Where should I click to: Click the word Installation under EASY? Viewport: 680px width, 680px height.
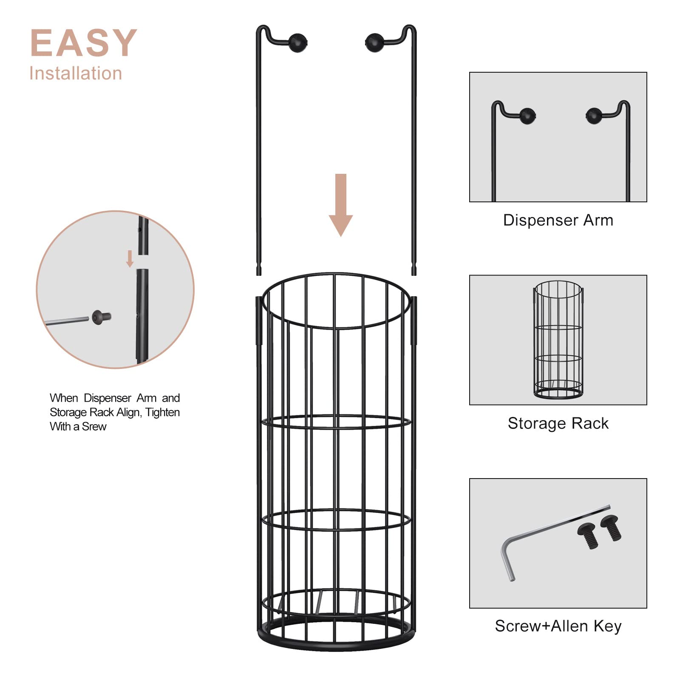tap(76, 74)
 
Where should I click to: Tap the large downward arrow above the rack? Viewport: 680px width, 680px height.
tap(340, 204)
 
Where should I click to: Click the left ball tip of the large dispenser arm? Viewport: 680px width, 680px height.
tap(297, 42)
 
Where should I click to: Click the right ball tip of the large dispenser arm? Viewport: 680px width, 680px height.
tap(374, 42)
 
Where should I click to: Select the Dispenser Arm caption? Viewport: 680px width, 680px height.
tap(558, 220)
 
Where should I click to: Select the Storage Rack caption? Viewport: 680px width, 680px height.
tap(558, 423)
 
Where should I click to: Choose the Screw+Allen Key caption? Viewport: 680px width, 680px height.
tap(558, 626)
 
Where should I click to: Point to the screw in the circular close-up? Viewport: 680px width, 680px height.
tap(101, 317)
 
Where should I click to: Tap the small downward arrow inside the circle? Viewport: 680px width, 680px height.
tap(130, 258)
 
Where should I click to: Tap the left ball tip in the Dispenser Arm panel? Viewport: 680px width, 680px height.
tap(527, 115)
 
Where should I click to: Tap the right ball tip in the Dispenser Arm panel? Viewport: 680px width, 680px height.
tap(594, 115)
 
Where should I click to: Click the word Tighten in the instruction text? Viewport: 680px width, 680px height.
tap(162, 412)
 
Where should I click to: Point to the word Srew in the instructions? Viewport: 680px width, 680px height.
tap(94, 426)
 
